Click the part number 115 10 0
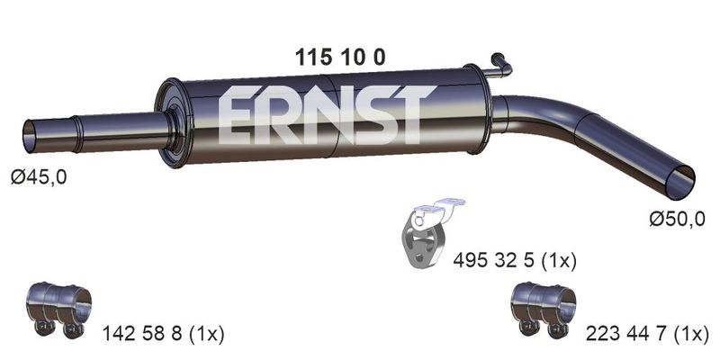[x=340, y=58]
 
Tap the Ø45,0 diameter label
[x=40, y=176]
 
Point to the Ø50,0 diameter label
[x=677, y=219]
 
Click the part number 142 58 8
[x=142, y=334]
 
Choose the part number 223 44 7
[x=626, y=334]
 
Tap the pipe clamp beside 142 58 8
[x=59, y=310]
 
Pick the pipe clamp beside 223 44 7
[x=544, y=310]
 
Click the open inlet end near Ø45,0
[x=30, y=137]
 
